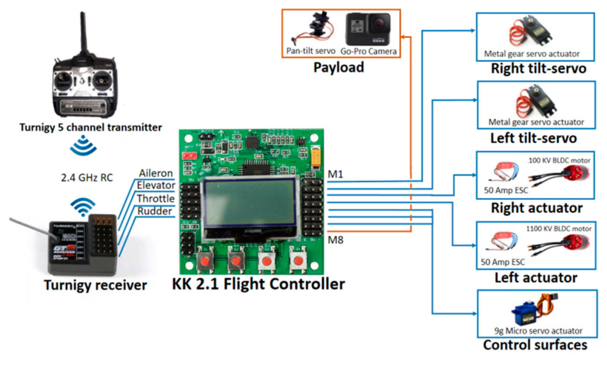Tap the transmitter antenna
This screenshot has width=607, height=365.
pos(83,32)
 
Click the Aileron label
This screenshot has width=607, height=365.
pos(156,173)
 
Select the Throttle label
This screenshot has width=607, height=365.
pos(156,198)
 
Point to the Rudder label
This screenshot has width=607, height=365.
pos(155,211)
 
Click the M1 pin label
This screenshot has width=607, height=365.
pos(335,174)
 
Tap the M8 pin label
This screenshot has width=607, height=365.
pos(335,240)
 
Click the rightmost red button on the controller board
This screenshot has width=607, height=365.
pos(298,260)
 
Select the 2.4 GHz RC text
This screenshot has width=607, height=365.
pos(87,178)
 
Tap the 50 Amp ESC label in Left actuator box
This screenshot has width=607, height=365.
pos(503,262)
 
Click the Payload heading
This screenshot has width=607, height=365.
pos(339,67)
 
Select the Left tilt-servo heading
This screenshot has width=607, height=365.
pos(533,138)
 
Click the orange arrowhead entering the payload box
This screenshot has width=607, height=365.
pos(403,37)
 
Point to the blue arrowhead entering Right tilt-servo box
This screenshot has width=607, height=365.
pos(473,30)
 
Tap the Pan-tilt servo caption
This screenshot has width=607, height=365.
pos(311,51)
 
